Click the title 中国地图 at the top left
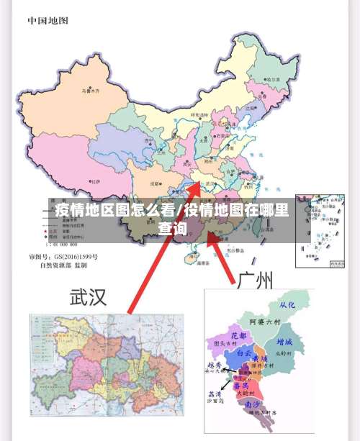point(48,20)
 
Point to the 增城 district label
point(284,342)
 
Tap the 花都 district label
point(238,335)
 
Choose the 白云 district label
point(246,353)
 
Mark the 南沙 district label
point(254,404)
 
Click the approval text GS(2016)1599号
point(73,257)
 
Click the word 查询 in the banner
point(173,229)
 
